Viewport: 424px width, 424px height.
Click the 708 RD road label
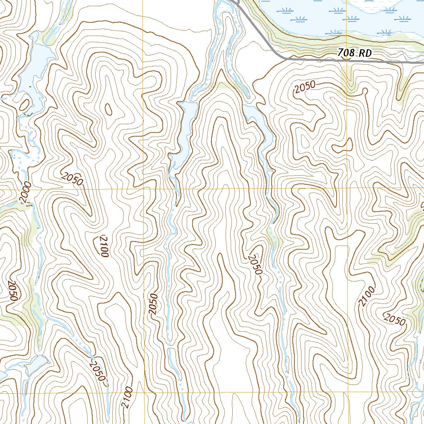tap(354, 53)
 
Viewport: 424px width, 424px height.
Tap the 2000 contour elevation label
tap(25, 193)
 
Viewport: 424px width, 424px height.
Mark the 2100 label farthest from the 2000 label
tap(367, 296)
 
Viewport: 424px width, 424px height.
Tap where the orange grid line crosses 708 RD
tap(348, 60)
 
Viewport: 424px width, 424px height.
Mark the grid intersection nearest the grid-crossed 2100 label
tap(143, 393)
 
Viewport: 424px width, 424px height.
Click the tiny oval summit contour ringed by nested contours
tap(108, 109)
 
